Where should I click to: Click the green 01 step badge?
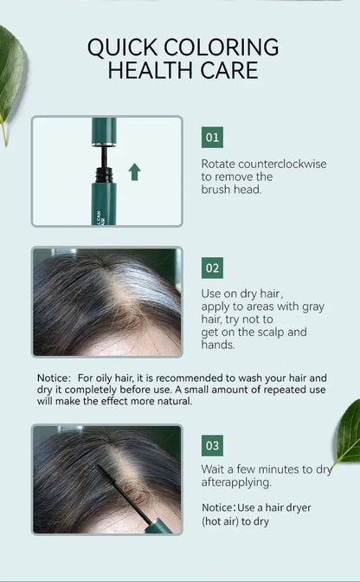[212, 137]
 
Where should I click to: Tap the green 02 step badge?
[212, 268]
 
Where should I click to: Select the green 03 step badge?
[212, 446]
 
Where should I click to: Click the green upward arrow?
[134, 171]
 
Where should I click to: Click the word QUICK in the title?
[128, 47]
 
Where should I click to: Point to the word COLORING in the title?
[226, 47]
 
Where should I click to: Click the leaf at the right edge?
[348, 433]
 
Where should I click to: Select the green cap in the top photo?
[105, 131]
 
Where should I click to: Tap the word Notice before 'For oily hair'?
[54, 378]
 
